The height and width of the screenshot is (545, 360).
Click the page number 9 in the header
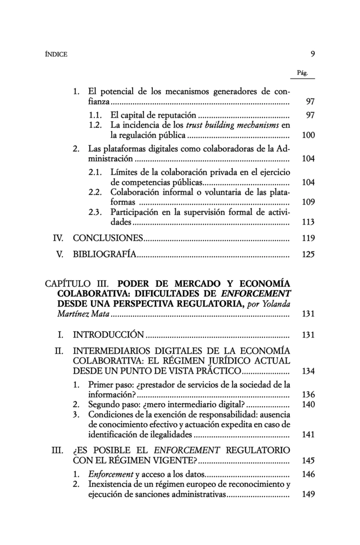click(313, 54)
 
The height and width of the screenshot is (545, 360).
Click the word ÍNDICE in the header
click(56, 54)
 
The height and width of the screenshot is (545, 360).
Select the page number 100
click(308, 135)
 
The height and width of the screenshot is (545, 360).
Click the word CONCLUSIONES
click(108, 238)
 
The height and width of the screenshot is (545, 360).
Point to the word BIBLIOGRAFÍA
click(104, 254)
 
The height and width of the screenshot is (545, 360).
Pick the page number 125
click(308, 254)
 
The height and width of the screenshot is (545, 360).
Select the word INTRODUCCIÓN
click(108, 335)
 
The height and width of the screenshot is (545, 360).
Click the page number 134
click(308, 370)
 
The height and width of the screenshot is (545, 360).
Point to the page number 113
click(308, 222)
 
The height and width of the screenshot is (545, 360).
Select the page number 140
click(308, 404)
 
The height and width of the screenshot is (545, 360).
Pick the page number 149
click(308, 494)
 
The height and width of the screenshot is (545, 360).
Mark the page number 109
click(308, 202)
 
